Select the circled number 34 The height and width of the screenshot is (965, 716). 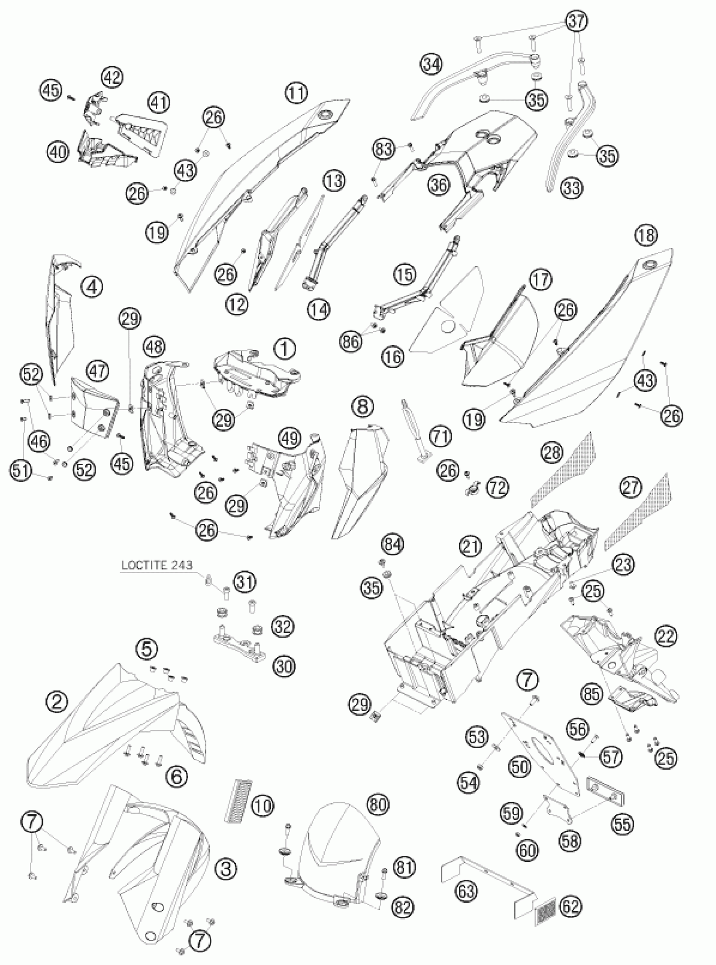point(431,64)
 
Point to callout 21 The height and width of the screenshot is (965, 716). point(471,546)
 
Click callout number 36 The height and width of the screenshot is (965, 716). point(438,185)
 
